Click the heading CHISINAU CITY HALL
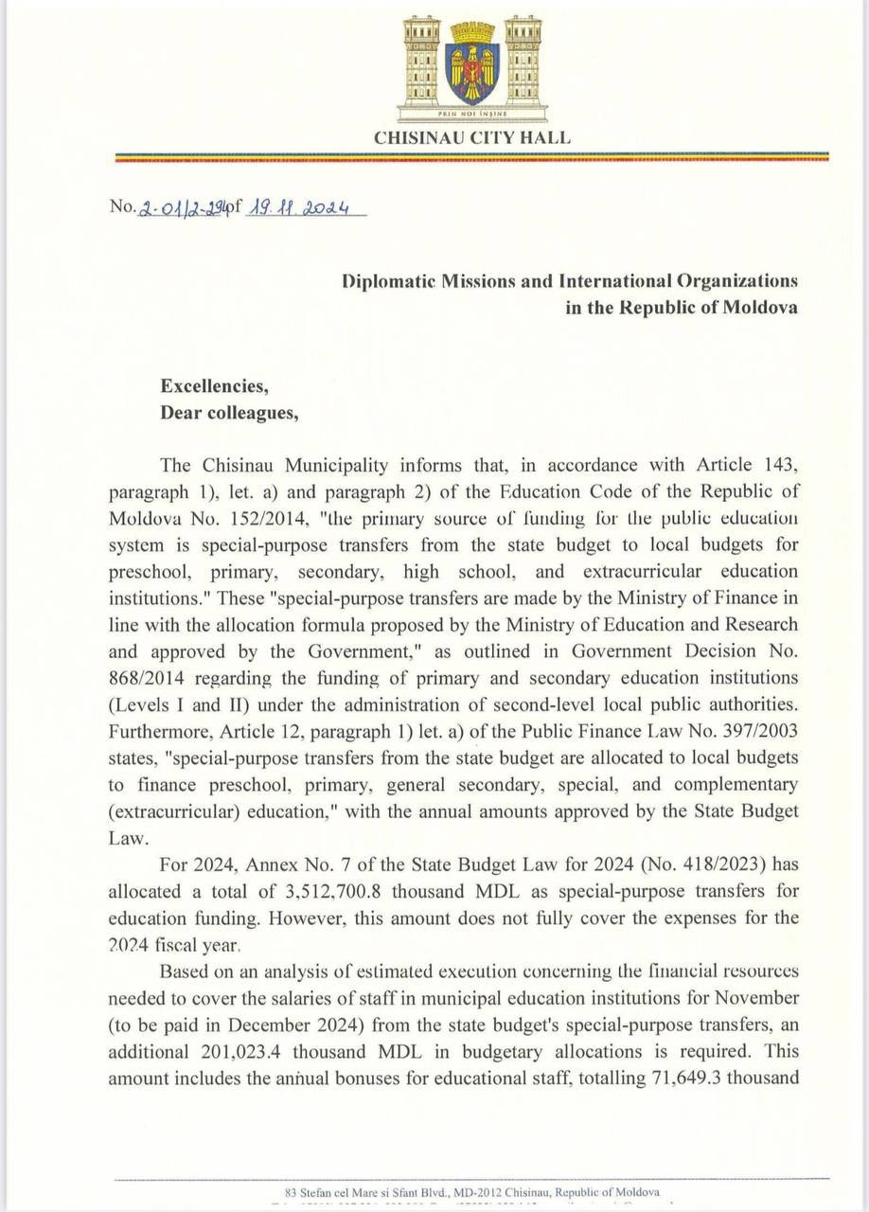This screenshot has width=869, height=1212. [472, 137]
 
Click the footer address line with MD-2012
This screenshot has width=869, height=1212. [472, 1192]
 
